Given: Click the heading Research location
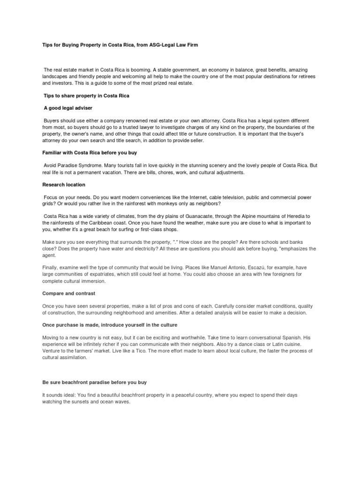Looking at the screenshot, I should pos(63,185).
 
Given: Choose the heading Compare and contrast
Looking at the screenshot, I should pos(68,293).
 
